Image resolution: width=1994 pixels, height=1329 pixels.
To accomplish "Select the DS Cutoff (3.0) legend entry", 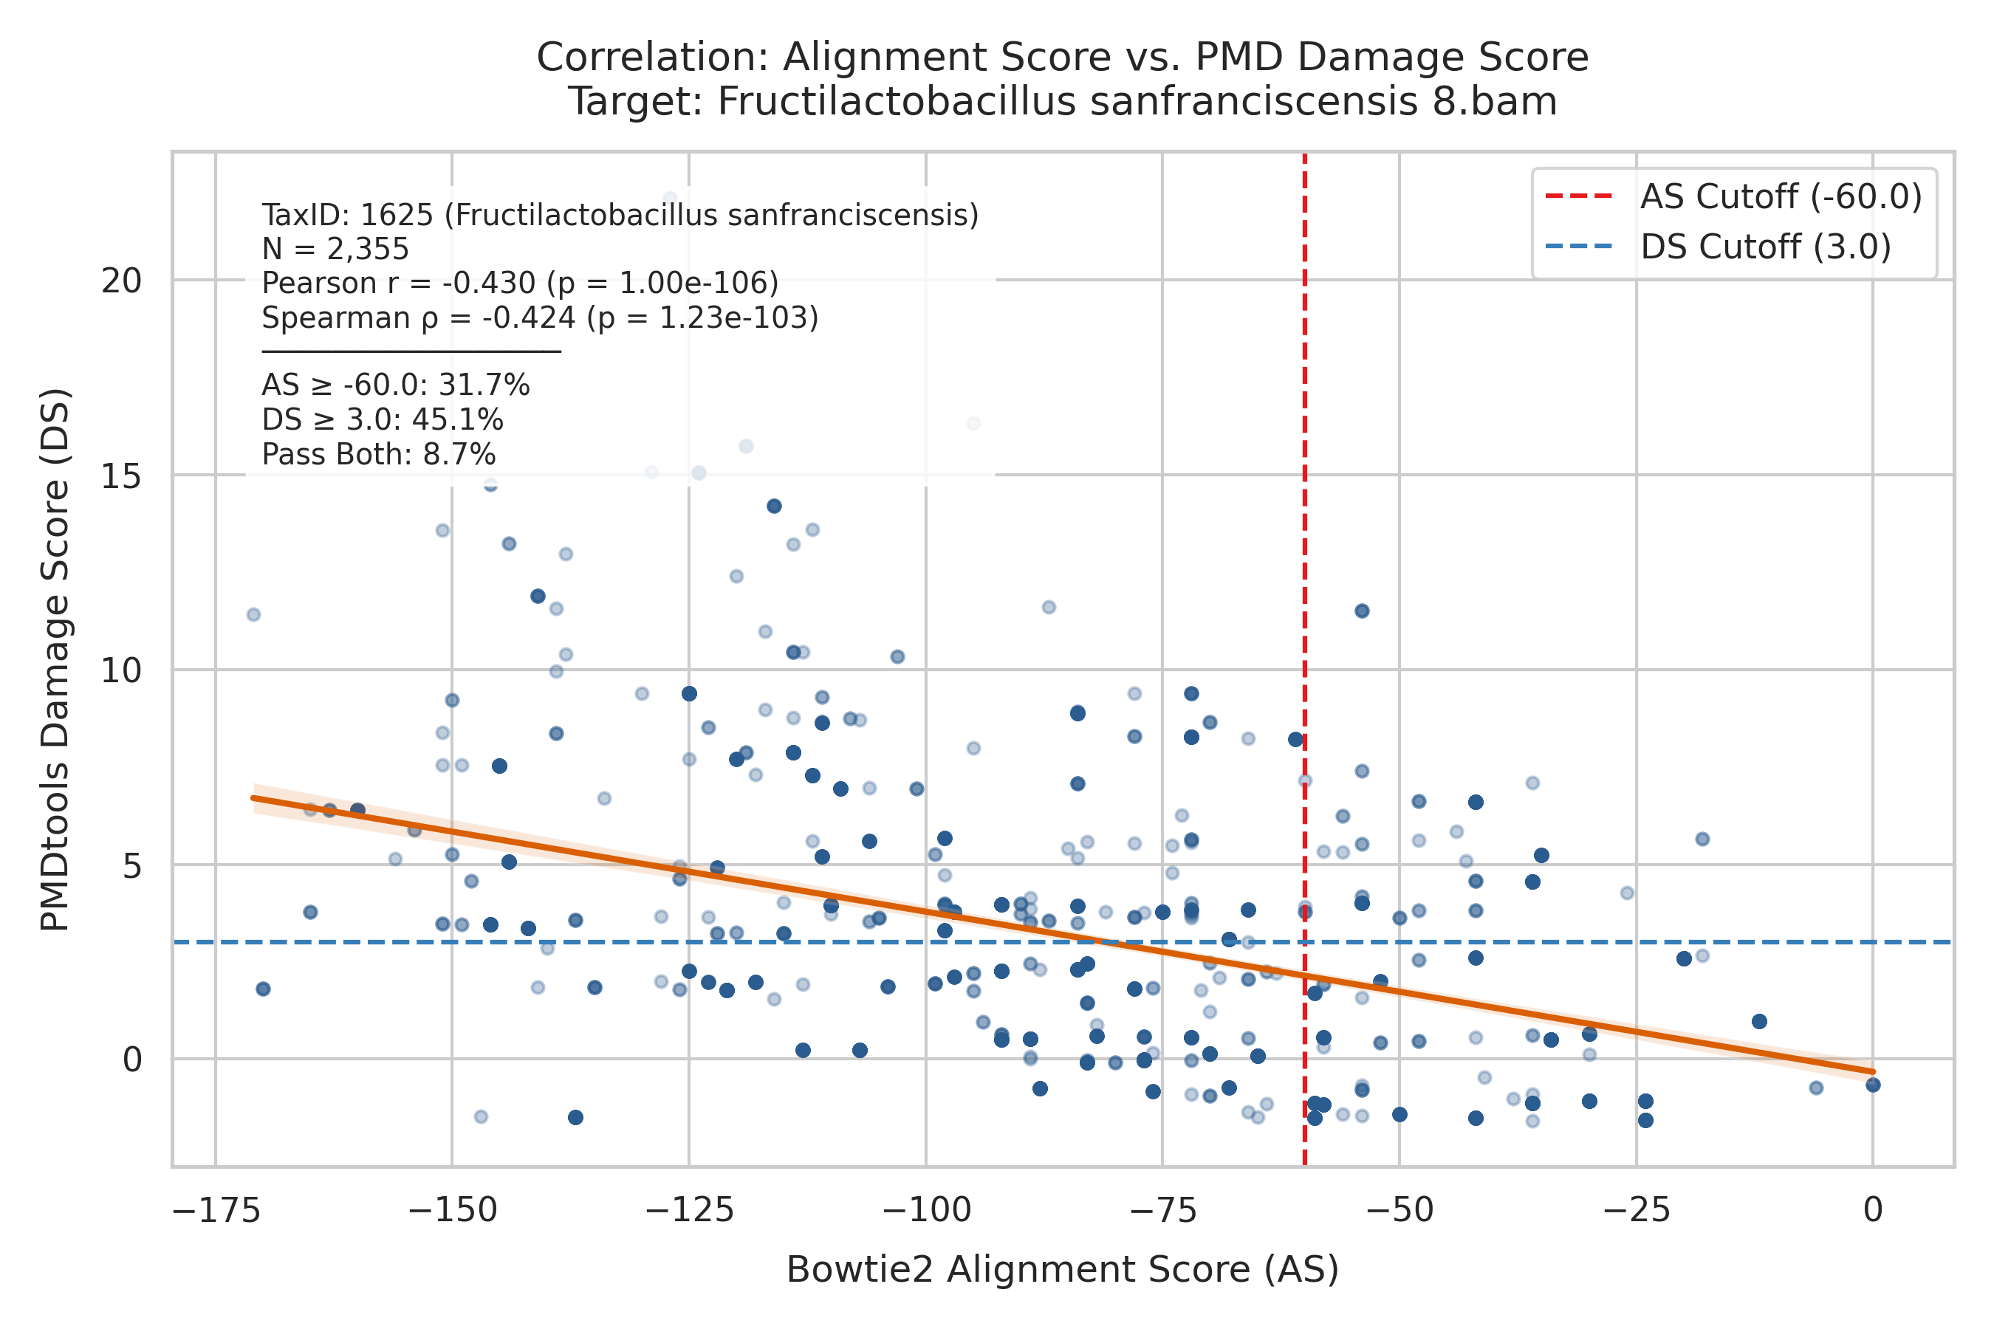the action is [1719, 247].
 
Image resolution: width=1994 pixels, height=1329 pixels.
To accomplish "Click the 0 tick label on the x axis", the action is [1874, 1210].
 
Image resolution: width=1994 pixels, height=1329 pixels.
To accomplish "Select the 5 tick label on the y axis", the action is [132, 865].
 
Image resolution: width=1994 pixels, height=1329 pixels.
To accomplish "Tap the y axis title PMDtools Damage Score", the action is [56, 660].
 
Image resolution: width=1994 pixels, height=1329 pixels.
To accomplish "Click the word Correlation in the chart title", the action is [654, 58].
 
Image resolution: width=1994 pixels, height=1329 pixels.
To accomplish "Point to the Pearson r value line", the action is [520, 283].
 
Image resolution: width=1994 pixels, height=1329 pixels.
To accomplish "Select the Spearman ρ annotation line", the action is [540, 317].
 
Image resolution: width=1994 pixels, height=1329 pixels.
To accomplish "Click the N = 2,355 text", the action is [335, 250].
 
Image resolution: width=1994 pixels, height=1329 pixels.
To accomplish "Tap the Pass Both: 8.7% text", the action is [378, 454].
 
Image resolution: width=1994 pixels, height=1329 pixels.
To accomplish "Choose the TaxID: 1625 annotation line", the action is [620, 216].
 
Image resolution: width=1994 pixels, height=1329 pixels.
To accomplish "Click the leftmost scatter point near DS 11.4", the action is [253, 614].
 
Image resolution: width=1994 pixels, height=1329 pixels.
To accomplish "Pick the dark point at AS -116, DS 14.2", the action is [774, 506].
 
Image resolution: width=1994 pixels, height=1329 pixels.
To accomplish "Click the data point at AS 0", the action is [1874, 1085].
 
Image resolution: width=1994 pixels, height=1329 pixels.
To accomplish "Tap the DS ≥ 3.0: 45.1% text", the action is [383, 419].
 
